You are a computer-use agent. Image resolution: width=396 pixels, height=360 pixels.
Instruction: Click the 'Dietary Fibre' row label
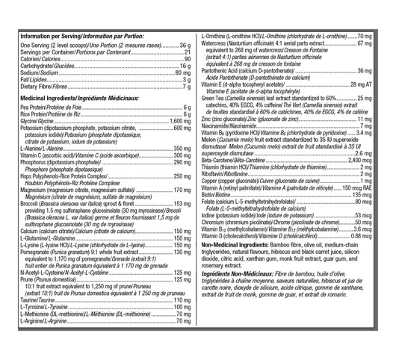click(x=34, y=87)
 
